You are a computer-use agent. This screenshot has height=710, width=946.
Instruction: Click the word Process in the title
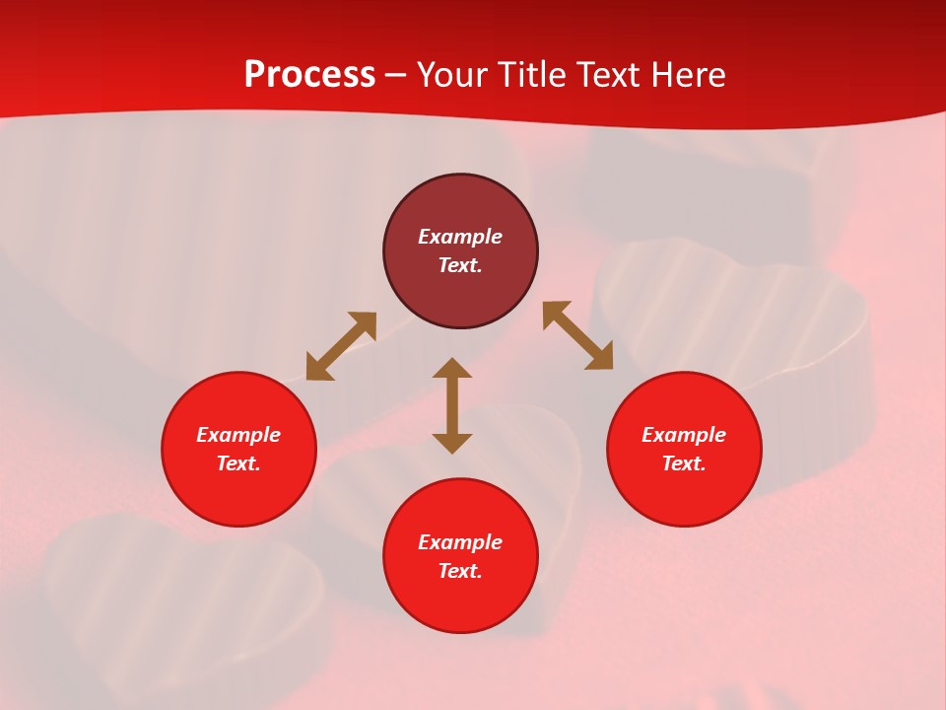[x=309, y=75]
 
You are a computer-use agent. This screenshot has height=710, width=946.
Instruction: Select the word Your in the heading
[x=452, y=75]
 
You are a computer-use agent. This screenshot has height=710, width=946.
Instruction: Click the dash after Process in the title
[x=395, y=76]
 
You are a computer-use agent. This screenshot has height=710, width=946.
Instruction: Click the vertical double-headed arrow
[x=452, y=405]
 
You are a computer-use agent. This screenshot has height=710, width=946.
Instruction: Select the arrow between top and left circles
[x=341, y=346]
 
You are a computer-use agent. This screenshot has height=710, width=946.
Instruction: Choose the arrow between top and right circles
[x=578, y=335]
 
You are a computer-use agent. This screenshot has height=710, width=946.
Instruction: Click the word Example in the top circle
[x=460, y=237]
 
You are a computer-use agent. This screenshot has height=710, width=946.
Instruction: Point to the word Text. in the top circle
[x=460, y=265]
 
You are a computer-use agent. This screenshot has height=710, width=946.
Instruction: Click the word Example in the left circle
[x=238, y=435]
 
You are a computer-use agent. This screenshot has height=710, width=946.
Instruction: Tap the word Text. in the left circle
[x=238, y=463]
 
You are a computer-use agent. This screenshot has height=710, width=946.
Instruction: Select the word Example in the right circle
[x=684, y=435]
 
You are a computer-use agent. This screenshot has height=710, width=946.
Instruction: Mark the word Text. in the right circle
[x=684, y=463]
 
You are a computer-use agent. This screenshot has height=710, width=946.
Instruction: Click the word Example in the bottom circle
[x=460, y=542]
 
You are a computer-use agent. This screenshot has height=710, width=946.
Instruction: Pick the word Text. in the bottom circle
[x=460, y=571]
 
